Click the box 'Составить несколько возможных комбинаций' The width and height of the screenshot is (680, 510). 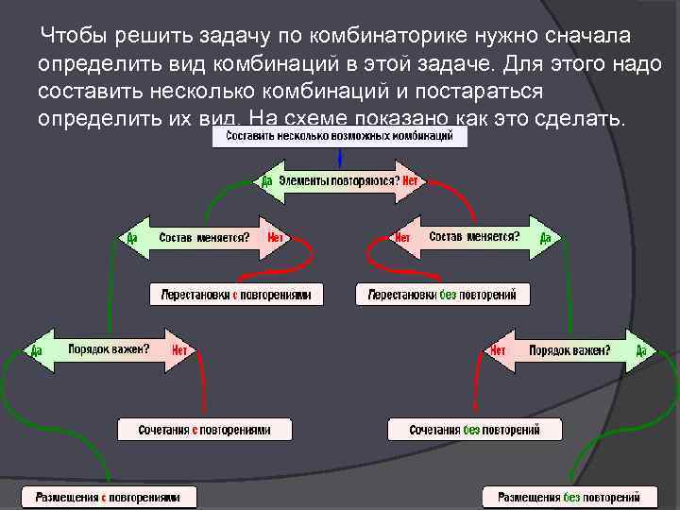pyautogui.click(x=339, y=137)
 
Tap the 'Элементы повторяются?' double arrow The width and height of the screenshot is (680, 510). pyautogui.click(x=340, y=179)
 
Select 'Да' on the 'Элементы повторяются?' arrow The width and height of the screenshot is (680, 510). pyautogui.click(x=267, y=179)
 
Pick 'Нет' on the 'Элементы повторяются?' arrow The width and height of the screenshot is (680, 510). pyautogui.click(x=410, y=179)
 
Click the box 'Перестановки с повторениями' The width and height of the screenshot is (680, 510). pyautogui.click(x=236, y=295)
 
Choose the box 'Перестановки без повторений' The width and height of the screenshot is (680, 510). pyautogui.click(x=443, y=295)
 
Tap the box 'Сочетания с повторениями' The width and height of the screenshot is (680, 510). pyautogui.click(x=204, y=430)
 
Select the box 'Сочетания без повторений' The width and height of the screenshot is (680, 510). pyautogui.click(x=474, y=430)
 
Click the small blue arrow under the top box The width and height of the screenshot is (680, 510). pyautogui.click(x=339, y=156)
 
